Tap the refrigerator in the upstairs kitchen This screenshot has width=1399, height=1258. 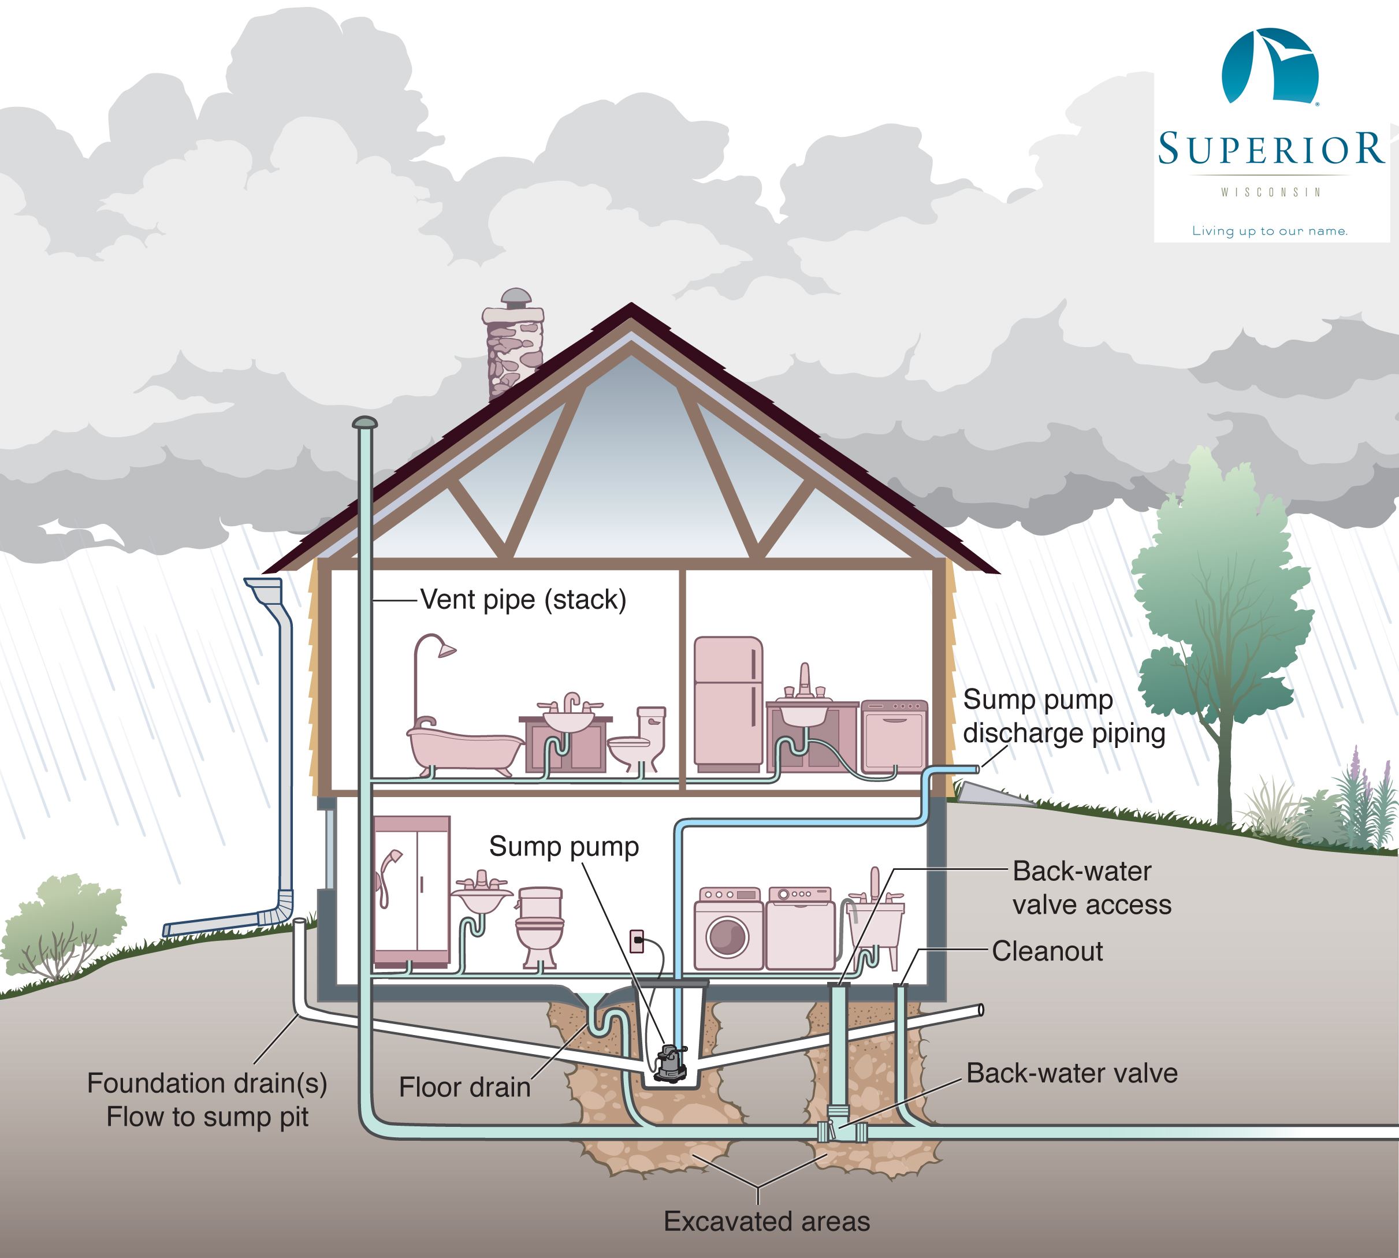coord(728,702)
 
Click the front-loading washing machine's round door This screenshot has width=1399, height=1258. coord(727,937)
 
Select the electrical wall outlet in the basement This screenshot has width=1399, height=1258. coord(637,941)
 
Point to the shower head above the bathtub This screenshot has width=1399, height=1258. coord(446,650)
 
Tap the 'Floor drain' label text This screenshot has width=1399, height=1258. coord(464,1087)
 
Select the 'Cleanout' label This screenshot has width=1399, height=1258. coord(1047,951)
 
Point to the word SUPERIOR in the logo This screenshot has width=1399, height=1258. coord(1270,148)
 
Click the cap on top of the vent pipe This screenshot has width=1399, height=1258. coord(364,422)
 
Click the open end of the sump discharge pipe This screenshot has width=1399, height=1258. coord(976,769)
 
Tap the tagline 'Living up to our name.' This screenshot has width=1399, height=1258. coord(1270,231)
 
